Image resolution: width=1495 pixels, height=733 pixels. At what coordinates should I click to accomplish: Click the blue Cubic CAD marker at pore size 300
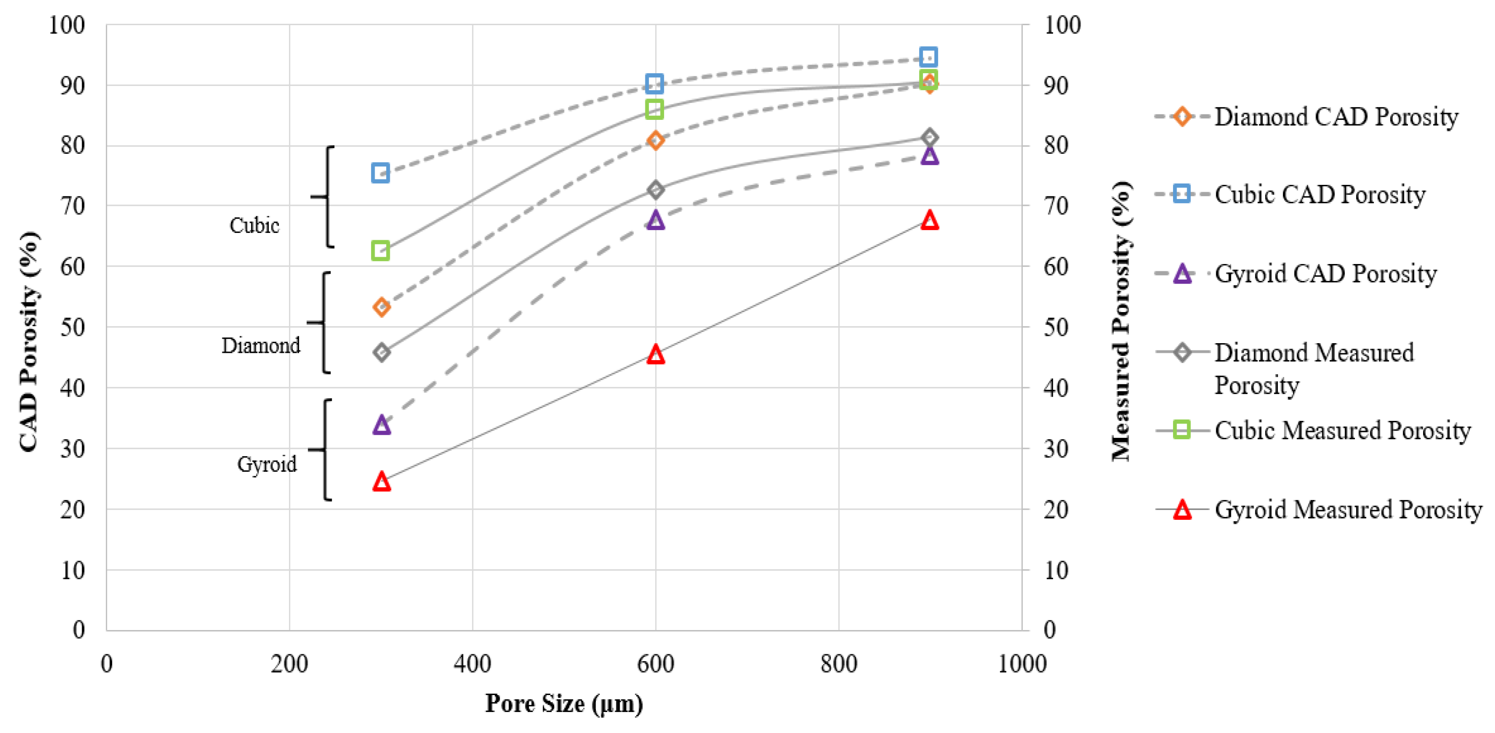380,173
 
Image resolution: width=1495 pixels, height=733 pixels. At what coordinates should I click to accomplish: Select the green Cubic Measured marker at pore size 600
655,109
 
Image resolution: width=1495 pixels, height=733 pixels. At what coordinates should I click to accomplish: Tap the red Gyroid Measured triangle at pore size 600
656,354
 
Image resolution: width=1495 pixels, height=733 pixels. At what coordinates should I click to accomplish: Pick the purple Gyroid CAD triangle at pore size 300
381,425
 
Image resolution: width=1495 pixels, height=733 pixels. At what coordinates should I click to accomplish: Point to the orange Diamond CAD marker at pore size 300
381,307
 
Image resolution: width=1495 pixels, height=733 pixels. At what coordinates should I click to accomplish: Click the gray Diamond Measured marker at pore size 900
929,137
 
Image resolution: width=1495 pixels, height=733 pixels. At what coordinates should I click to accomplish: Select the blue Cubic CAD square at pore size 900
928,57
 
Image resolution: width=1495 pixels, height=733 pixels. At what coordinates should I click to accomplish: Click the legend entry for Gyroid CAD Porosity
1325,273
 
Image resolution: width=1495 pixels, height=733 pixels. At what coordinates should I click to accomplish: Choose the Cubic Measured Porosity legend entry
1342,430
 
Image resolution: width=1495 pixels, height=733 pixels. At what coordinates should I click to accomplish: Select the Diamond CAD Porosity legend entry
1336,117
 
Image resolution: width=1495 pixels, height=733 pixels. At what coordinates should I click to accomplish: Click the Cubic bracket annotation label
254,225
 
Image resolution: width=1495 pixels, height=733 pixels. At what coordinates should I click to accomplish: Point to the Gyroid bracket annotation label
267,464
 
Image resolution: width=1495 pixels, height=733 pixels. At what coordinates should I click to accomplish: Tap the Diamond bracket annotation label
261,345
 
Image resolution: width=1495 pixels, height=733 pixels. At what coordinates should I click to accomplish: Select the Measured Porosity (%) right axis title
1121,322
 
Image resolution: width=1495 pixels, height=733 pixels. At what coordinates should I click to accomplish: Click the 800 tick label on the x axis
838,663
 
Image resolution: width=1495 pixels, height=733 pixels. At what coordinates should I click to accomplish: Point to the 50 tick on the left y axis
72,327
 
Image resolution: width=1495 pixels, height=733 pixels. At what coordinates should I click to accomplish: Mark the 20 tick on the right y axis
1056,509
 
